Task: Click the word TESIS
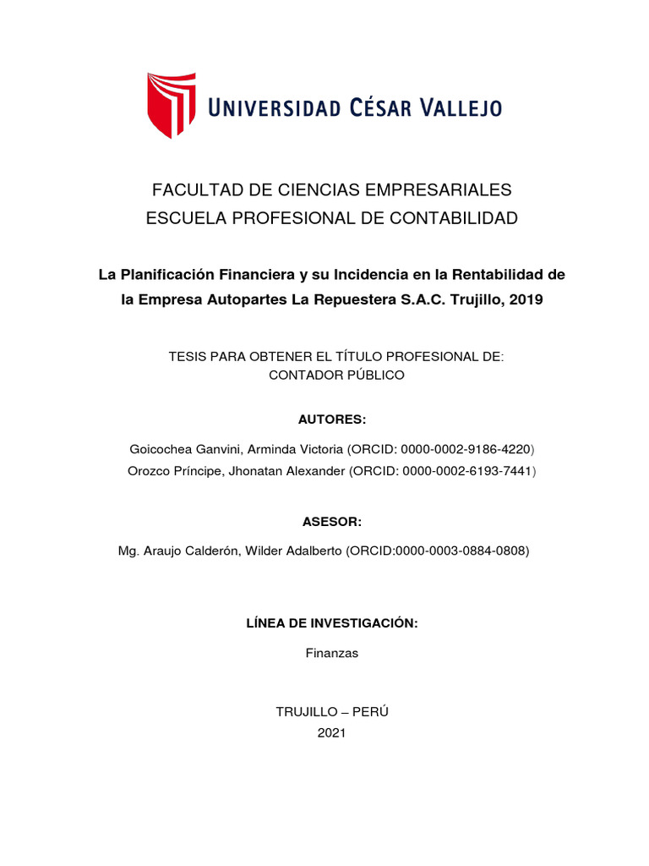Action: pyautogui.click(x=187, y=357)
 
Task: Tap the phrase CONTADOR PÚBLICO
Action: pyautogui.click(x=336, y=375)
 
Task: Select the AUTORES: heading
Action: pyautogui.click(x=332, y=419)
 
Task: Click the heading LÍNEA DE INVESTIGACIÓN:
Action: pyautogui.click(x=332, y=623)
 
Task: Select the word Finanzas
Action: pyautogui.click(x=332, y=653)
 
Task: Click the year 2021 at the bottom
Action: pyautogui.click(x=332, y=733)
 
